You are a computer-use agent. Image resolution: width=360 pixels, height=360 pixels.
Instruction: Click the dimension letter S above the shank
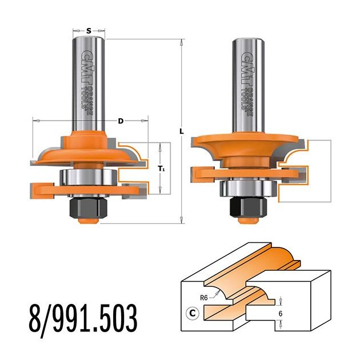(89, 30)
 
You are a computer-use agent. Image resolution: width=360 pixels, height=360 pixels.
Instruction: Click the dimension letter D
(121, 121)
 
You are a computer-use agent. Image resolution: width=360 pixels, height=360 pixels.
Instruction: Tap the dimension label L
(182, 131)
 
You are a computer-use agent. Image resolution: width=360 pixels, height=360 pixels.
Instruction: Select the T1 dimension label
(161, 169)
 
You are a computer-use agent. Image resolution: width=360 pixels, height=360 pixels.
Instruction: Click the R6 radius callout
(204, 298)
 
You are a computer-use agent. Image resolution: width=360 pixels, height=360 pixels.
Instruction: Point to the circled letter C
(193, 313)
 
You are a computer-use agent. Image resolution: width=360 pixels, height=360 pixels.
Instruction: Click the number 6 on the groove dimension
(281, 314)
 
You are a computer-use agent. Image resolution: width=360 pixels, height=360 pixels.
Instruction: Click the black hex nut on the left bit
(89, 208)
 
